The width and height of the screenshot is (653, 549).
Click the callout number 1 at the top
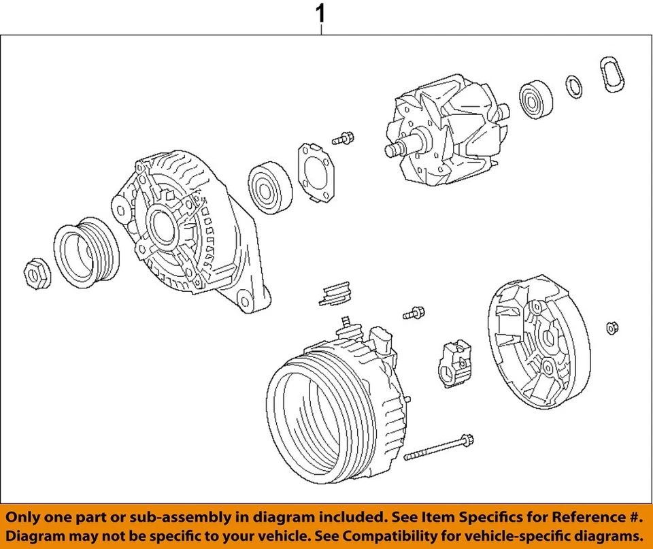coord(321,13)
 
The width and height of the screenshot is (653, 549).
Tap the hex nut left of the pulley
coord(36,273)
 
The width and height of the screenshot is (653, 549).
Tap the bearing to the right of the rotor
coord(536,99)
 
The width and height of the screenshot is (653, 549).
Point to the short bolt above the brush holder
coord(413,314)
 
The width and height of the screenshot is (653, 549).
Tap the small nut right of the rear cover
coord(611,328)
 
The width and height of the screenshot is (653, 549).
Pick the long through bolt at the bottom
coord(439,447)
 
